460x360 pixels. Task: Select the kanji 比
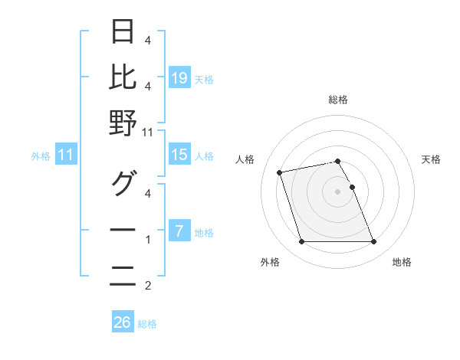click(x=123, y=77)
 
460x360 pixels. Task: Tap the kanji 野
click(x=123, y=123)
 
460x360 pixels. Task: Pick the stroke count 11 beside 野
click(x=148, y=132)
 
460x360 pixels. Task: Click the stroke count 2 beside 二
click(x=148, y=286)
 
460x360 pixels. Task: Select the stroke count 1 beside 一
click(x=148, y=240)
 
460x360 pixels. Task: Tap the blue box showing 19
click(x=179, y=77)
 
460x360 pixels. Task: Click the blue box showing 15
click(x=179, y=155)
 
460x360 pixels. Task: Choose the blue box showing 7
click(x=179, y=231)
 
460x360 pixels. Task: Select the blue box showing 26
click(x=123, y=322)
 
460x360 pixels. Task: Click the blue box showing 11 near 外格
click(x=65, y=155)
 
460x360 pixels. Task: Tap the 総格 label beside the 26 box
click(x=147, y=324)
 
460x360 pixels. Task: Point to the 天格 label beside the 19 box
click(x=203, y=79)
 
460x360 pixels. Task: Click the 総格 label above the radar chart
click(x=337, y=100)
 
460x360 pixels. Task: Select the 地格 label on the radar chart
click(x=401, y=262)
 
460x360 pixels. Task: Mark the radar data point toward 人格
click(x=280, y=172)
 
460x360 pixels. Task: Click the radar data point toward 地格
click(x=373, y=242)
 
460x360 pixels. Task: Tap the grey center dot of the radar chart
click(x=337, y=191)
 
